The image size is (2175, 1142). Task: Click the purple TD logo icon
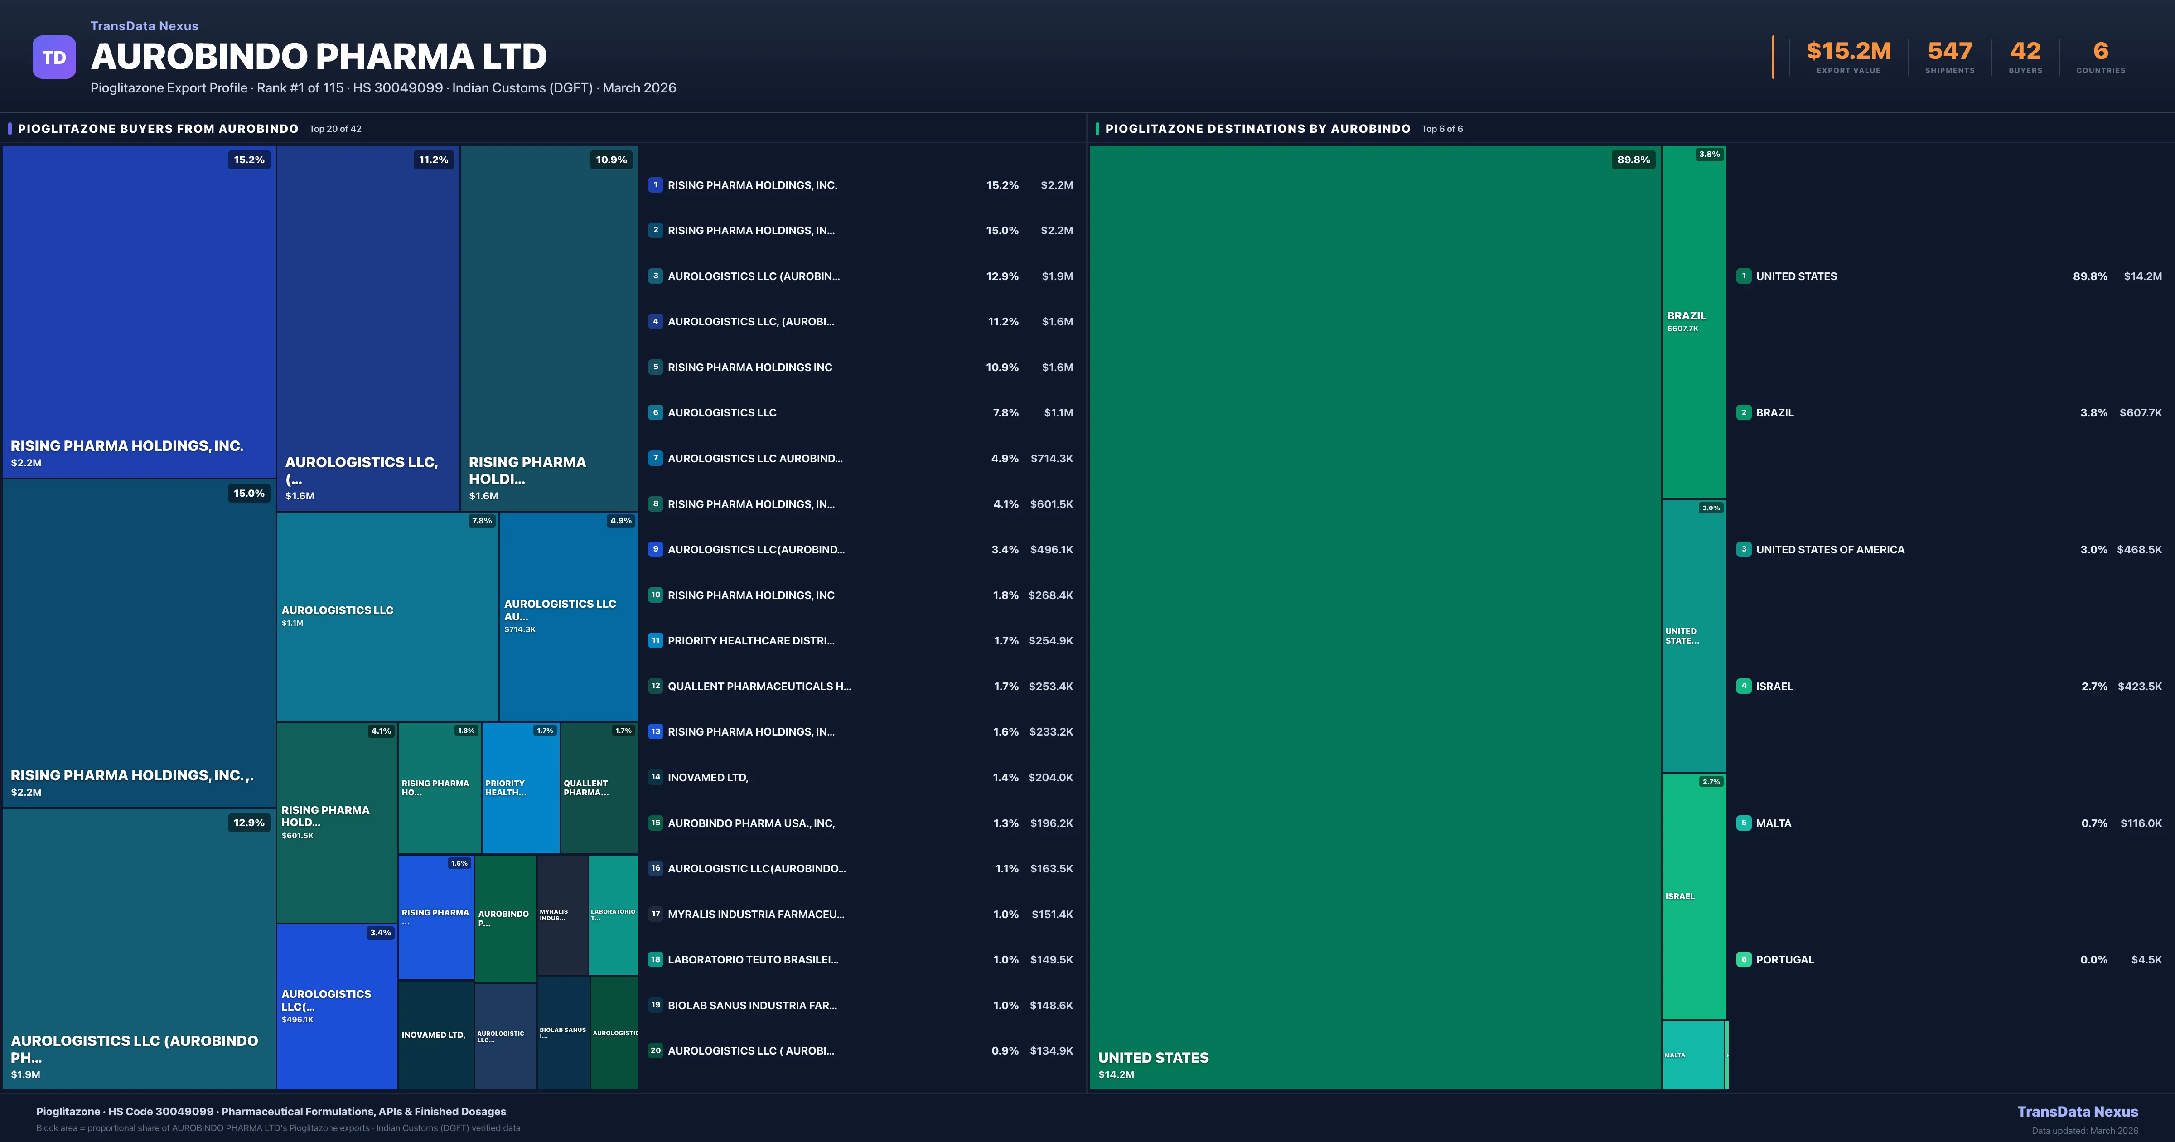(54, 58)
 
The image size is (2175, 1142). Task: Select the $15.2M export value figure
(1848, 52)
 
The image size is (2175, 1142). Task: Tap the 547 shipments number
(1949, 52)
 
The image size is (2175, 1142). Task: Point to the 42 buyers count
(2025, 52)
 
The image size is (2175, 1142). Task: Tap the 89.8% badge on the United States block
(1633, 160)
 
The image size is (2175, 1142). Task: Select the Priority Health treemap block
(520, 787)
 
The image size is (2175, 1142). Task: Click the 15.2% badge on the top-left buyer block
(249, 160)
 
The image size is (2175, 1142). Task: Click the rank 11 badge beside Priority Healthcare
(655, 640)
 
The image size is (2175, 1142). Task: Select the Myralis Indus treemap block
(561, 915)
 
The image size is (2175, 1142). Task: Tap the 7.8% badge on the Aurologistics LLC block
(481, 521)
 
